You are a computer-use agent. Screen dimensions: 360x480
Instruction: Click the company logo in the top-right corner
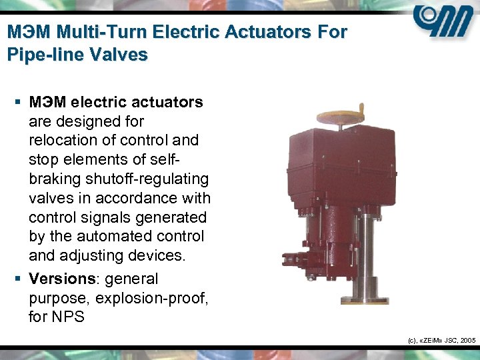(443, 25)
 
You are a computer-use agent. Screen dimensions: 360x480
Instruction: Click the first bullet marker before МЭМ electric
(18, 103)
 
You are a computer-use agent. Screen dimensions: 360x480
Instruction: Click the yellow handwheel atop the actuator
(341, 111)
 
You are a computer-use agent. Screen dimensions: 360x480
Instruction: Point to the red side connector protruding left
(293, 256)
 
